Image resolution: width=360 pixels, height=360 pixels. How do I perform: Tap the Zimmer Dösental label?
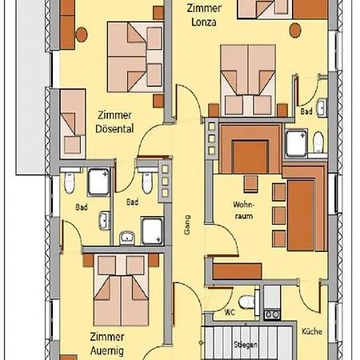[x=114, y=121]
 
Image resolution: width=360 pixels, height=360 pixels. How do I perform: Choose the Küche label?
[x=310, y=330]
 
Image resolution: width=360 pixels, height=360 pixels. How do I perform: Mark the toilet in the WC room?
[x=248, y=302]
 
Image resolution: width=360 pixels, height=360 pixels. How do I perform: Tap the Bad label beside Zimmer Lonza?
[x=306, y=112]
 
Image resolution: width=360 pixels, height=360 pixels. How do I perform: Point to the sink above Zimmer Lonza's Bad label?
[x=321, y=106]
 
